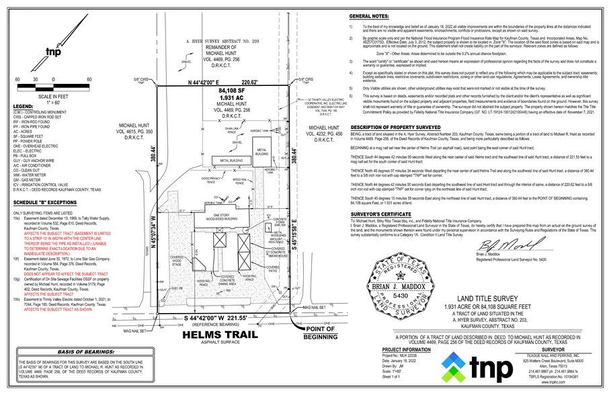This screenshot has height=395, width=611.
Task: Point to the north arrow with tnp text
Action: (x=52, y=52)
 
